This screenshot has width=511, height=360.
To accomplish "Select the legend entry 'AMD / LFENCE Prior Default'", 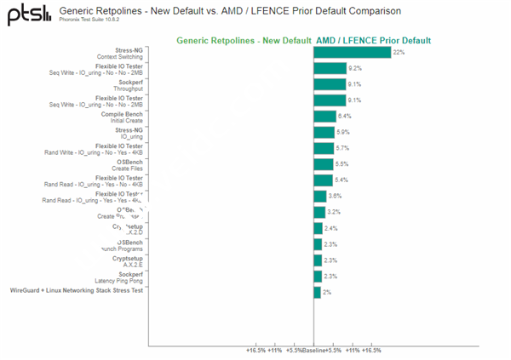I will pos(373,41).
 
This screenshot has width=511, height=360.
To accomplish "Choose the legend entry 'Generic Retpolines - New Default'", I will pos(243,41).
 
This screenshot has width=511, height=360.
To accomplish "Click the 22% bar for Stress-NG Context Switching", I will pos(352,53).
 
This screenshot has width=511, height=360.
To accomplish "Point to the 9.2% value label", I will pos(355,68).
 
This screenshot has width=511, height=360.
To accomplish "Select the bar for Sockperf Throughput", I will pos(330,84).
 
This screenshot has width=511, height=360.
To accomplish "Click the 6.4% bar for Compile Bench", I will pos(324,117).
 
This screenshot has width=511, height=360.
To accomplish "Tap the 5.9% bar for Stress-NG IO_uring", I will pos(324,133).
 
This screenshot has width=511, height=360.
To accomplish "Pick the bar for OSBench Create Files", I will pos(323,164).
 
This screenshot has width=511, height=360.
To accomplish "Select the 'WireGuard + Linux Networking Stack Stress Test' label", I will pos(76,291).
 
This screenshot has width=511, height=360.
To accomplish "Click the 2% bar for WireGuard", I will pos(317,292).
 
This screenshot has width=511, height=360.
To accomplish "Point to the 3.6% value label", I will pos(336,196).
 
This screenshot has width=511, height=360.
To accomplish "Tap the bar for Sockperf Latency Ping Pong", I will pos(318,276).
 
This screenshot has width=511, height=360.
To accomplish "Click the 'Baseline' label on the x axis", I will pos(313,350).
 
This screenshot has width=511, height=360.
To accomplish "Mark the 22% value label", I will pos(398,52).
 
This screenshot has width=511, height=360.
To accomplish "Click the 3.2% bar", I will pos(319,212).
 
